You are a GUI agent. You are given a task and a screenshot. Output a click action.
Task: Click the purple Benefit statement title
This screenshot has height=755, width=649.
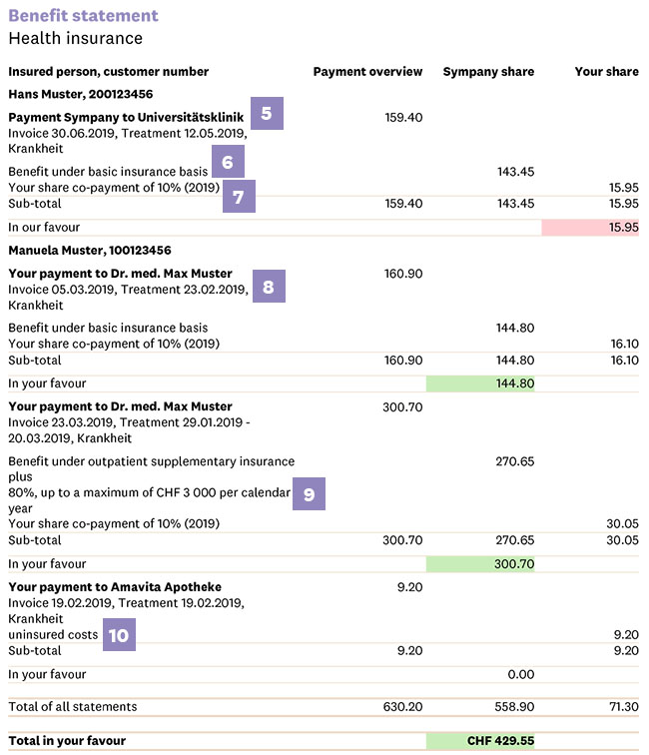coord(83,15)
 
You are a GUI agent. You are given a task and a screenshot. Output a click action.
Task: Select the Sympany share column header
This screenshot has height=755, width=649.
coord(488,72)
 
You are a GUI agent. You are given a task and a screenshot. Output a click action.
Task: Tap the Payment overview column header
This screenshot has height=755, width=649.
coord(367,72)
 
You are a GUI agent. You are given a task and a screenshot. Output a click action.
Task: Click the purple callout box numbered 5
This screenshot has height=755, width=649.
coord(267,113)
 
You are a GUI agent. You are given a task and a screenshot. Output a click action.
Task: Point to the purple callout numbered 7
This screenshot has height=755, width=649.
coord(239,197)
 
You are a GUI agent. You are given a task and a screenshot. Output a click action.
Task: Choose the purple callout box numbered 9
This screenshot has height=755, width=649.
coord(310,494)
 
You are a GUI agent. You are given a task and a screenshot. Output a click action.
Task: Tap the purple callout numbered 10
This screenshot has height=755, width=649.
coord(119,635)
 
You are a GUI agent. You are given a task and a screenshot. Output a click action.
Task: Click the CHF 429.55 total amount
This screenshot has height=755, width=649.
coord(500,741)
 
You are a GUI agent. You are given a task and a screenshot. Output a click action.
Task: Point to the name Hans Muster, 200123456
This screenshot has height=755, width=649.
coord(81,94)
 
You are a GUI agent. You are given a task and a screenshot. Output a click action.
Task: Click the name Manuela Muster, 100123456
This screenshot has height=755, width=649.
coord(90,251)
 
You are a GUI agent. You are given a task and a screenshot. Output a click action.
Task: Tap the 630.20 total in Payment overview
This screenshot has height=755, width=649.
coord(403,707)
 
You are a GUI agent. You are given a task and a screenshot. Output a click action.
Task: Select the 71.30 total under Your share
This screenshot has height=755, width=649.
coord(623,707)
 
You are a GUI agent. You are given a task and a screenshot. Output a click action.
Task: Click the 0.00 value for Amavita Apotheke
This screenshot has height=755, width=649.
coord(521,674)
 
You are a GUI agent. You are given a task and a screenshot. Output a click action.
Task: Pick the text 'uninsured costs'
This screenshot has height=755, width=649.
coord(53,635)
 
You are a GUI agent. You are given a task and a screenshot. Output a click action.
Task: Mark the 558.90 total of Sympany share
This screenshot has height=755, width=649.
coord(514,707)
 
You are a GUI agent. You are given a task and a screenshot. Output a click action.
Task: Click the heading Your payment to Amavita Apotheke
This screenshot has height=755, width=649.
coord(115,587)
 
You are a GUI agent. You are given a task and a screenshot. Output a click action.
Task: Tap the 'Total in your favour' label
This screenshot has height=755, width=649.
coord(67,741)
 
